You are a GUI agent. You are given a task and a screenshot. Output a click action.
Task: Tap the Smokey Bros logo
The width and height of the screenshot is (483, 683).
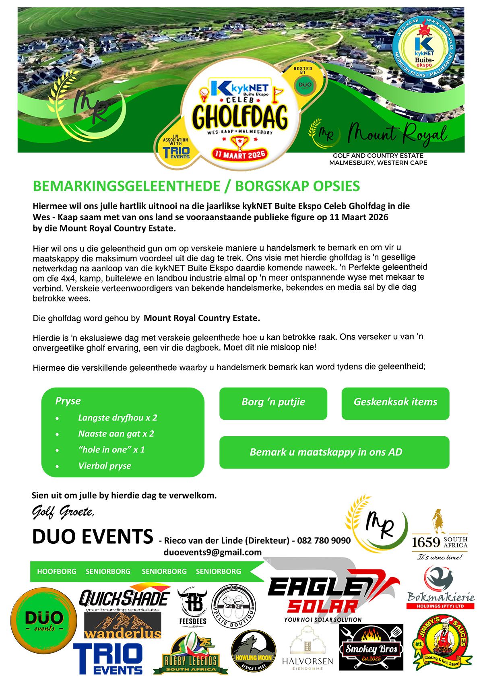click(371, 648)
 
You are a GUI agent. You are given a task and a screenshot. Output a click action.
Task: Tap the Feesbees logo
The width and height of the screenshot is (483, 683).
click(192, 606)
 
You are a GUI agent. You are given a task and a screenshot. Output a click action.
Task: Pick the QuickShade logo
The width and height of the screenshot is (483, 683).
click(124, 598)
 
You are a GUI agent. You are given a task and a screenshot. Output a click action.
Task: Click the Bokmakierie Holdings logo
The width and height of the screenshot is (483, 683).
click(440, 588)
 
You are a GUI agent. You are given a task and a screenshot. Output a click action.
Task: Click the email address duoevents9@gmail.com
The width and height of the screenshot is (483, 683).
click(213, 552)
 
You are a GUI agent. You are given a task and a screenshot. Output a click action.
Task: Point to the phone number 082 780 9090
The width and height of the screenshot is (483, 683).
click(324, 541)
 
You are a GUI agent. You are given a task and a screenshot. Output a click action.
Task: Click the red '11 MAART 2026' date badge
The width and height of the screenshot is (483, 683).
click(240, 154)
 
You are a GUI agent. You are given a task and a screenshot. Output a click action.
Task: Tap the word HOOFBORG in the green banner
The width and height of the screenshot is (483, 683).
click(57, 572)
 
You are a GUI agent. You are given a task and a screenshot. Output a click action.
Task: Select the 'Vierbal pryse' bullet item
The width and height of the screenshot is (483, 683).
click(105, 466)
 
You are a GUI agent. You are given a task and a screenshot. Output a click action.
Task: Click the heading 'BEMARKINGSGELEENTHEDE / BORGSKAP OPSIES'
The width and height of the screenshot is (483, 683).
click(196, 186)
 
